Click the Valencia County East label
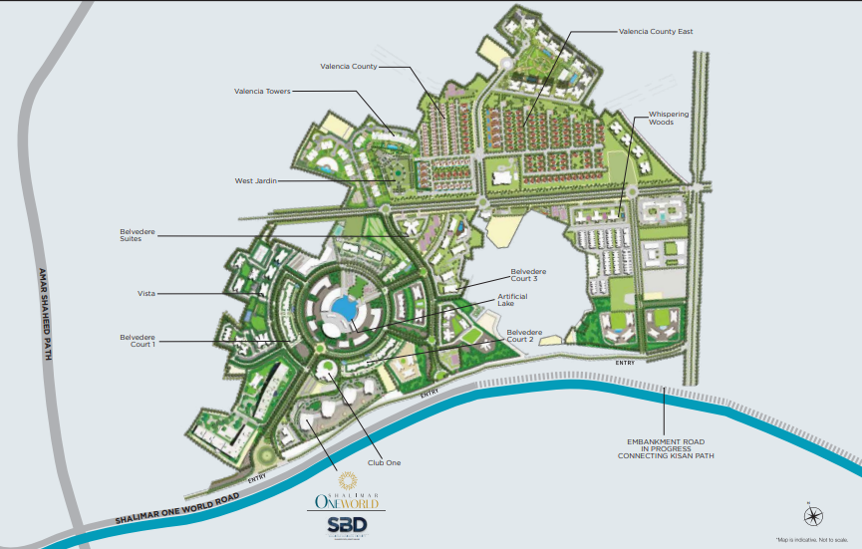pyautogui.click(x=655, y=32)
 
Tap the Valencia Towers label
pyautogui.click(x=262, y=91)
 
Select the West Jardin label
pyautogui.click(x=255, y=180)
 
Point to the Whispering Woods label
pyautogui.click(x=668, y=119)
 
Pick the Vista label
pyautogui.click(x=146, y=294)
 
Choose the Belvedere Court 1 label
pyautogui.click(x=138, y=340)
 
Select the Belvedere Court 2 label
pyautogui.click(x=524, y=336)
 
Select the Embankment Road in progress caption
pyautogui.click(x=667, y=448)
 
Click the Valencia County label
pyautogui.click(x=349, y=67)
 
